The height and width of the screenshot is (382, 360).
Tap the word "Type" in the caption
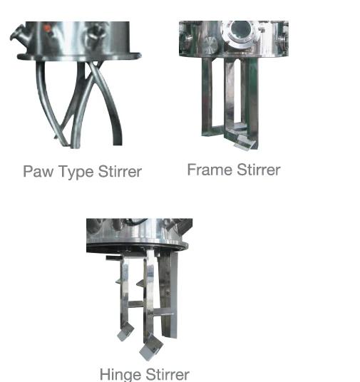(71, 172)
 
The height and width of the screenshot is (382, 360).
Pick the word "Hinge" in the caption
(120, 374)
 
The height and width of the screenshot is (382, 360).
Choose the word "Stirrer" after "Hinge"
(166, 374)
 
